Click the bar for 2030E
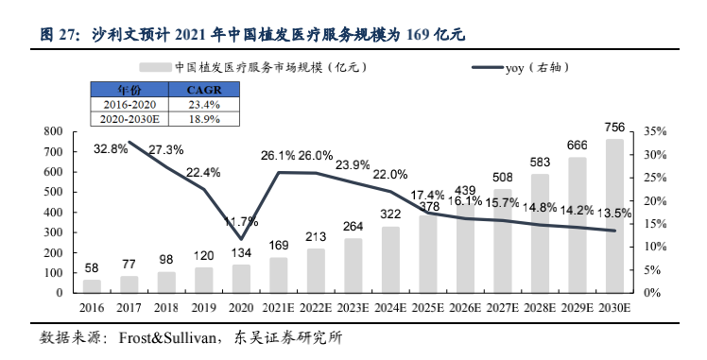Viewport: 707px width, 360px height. click(x=614, y=215)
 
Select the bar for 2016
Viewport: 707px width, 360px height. click(x=92, y=286)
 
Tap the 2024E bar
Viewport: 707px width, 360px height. click(x=390, y=260)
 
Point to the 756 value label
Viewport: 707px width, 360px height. click(x=614, y=128)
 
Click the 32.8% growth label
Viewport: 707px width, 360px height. click(x=111, y=148)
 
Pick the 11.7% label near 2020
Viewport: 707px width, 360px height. click(x=241, y=221)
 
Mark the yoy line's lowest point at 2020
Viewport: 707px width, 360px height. click(x=241, y=239)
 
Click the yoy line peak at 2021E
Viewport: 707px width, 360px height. click(x=279, y=172)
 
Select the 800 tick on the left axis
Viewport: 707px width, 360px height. click(x=53, y=131)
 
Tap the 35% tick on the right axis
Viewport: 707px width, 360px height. click(x=655, y=131)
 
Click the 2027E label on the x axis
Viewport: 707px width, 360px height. click(x=503, y=308)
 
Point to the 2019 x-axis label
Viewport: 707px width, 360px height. click(x=204, y=308)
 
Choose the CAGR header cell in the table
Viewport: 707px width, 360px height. click(x=204, y=90)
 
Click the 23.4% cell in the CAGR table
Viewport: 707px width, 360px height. click(x=204, y=105)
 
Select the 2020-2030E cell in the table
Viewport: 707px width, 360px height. click(x=129, y=119)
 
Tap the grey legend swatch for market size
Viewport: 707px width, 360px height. click(x=155, y=68)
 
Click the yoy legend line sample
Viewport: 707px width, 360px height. click(x=488, y=68)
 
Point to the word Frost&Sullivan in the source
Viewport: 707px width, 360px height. click(x=167, y=338)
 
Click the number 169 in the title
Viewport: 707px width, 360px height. click(x=418, y=35)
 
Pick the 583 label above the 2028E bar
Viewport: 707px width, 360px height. click(x=540, y=162)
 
